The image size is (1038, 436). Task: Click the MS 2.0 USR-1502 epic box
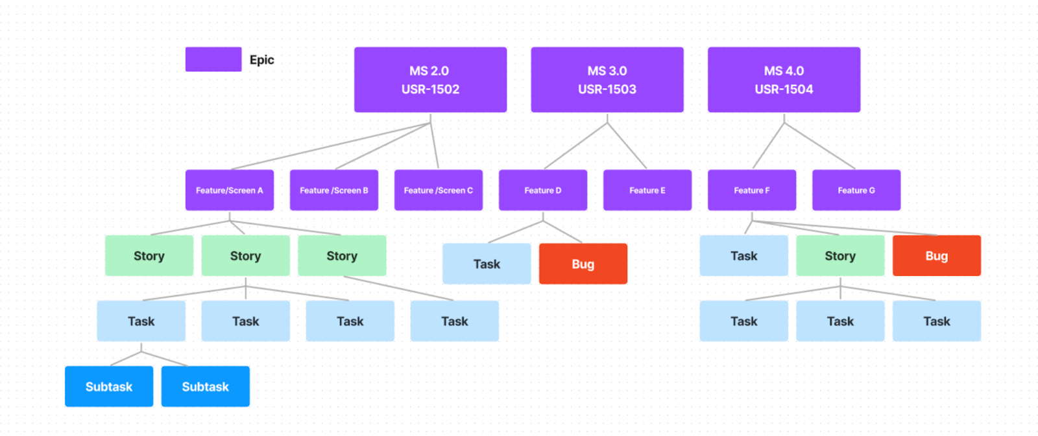click(430, 80)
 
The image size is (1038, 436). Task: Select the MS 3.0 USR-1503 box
click(607, 80)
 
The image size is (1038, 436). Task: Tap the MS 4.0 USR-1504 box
click(784, 80)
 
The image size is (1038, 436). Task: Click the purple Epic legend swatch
click(213, 59)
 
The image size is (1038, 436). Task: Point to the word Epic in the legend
click(261, 60)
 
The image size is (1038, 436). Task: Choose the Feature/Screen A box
click(229, 190)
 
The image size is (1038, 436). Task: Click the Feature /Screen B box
click(333, 190)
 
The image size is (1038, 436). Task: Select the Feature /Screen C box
click(438, 190)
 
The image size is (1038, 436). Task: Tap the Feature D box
click(542, 190)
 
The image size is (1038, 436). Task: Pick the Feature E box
click(647, 190)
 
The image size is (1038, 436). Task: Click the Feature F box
click(751, 190)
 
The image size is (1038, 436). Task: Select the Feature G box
click(856, 190)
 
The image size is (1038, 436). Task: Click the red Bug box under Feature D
click(583, 264)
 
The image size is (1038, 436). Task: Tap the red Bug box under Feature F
click(936, 256)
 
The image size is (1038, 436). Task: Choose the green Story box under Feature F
click(839, 256)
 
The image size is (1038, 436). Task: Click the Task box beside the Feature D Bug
click(486, 264)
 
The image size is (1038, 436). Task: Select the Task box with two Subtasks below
click(141, 321)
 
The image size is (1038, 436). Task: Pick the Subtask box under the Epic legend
click(205, 387)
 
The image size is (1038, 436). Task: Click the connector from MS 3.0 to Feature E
click(627, 146)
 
